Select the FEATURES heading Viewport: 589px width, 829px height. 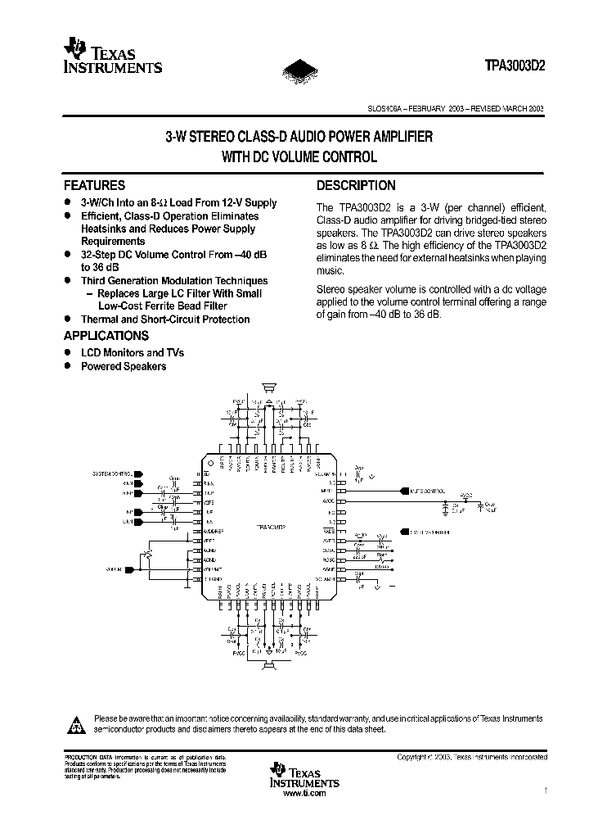(94, 186)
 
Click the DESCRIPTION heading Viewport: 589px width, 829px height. (356, 186)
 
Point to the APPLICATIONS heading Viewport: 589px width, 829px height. (106, 335)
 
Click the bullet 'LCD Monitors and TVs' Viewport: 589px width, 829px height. (133, 352)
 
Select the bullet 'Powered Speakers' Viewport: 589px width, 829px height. (124, 366)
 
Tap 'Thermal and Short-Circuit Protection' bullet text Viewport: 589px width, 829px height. (165, 319)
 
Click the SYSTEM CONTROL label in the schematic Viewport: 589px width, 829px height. (113, 473)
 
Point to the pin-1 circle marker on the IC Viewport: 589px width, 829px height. (211, 463)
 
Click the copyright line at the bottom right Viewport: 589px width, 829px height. (471, 758)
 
